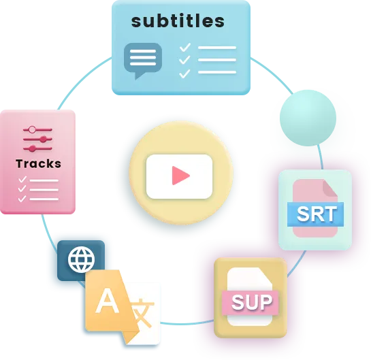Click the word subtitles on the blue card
tap(178, 21)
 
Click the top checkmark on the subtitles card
tap(185, 48)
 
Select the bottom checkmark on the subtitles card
tap(184, 73)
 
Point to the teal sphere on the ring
tap(308, 118)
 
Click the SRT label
tap(317, 214)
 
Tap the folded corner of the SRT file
tap(330, 189)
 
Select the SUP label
tap(252, 302)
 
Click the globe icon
tap(81, 259)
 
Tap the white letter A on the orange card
tap(108, 300)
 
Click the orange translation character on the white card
tap(142, 313)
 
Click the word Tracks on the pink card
tap(39, 164)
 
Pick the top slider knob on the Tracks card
tap(32, 129)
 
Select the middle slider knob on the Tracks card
tap(43, 140)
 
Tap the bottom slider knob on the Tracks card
tap(33, 149)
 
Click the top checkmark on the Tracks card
tap(22, 179)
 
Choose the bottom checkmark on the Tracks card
tap(22, 199)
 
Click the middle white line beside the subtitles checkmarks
tap(217, 60)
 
